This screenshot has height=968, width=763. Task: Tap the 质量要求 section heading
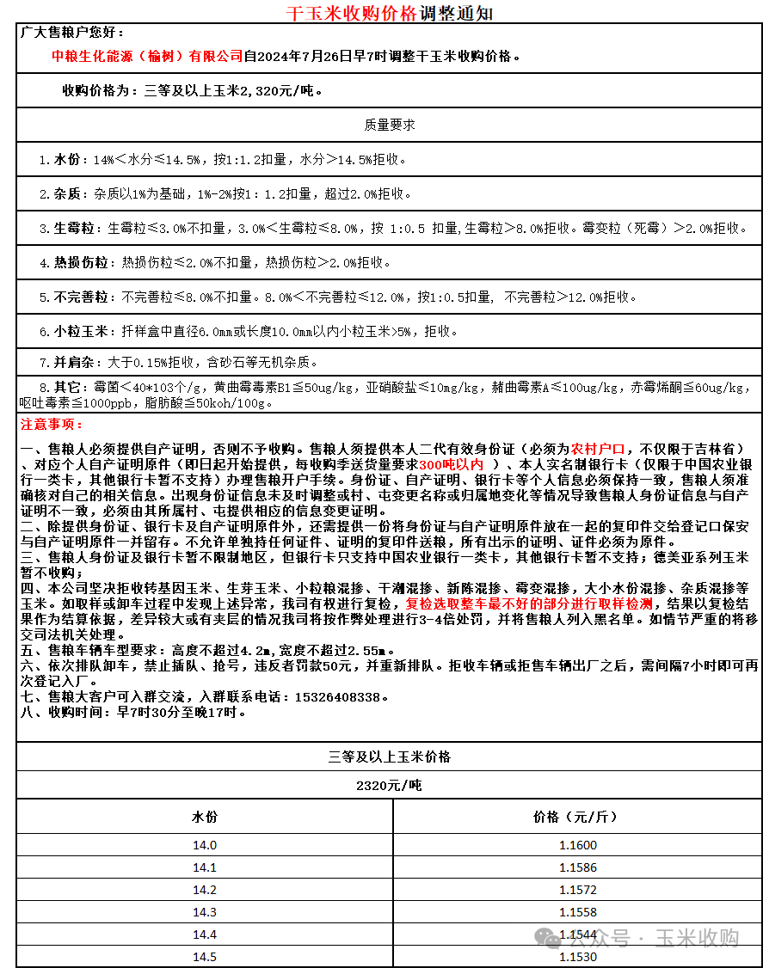point(390,125)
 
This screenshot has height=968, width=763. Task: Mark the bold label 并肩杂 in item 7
point(73,363)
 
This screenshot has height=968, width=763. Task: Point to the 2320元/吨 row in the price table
point(390,785)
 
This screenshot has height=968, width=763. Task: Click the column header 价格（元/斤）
point(575,817)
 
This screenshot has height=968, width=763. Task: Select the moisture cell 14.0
point(205,845)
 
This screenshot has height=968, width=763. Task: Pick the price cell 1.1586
point(577,867)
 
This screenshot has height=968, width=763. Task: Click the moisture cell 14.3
point(205,912)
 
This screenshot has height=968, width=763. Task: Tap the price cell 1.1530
point(577,957)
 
